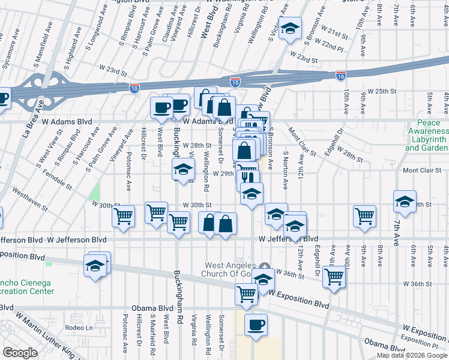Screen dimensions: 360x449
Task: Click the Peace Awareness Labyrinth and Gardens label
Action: click(428, 139)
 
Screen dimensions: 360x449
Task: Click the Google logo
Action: click(20, 352)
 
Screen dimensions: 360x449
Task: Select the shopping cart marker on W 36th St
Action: click(334, 277)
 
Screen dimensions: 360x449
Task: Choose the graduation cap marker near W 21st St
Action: click(290, 28)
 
